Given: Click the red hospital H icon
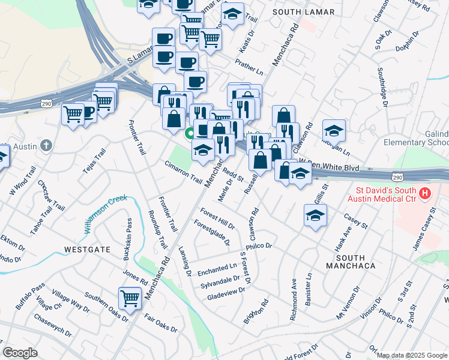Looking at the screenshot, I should click(x=425, y=193).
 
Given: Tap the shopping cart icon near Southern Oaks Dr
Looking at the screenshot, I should click(x=130, y=297).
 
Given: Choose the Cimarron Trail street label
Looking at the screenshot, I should click(x=184, y=172).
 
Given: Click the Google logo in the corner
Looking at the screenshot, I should click(x=20, y=353).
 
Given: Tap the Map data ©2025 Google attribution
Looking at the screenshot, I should click(x=412, y=355).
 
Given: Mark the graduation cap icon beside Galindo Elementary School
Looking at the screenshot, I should click(x=334, y=130).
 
